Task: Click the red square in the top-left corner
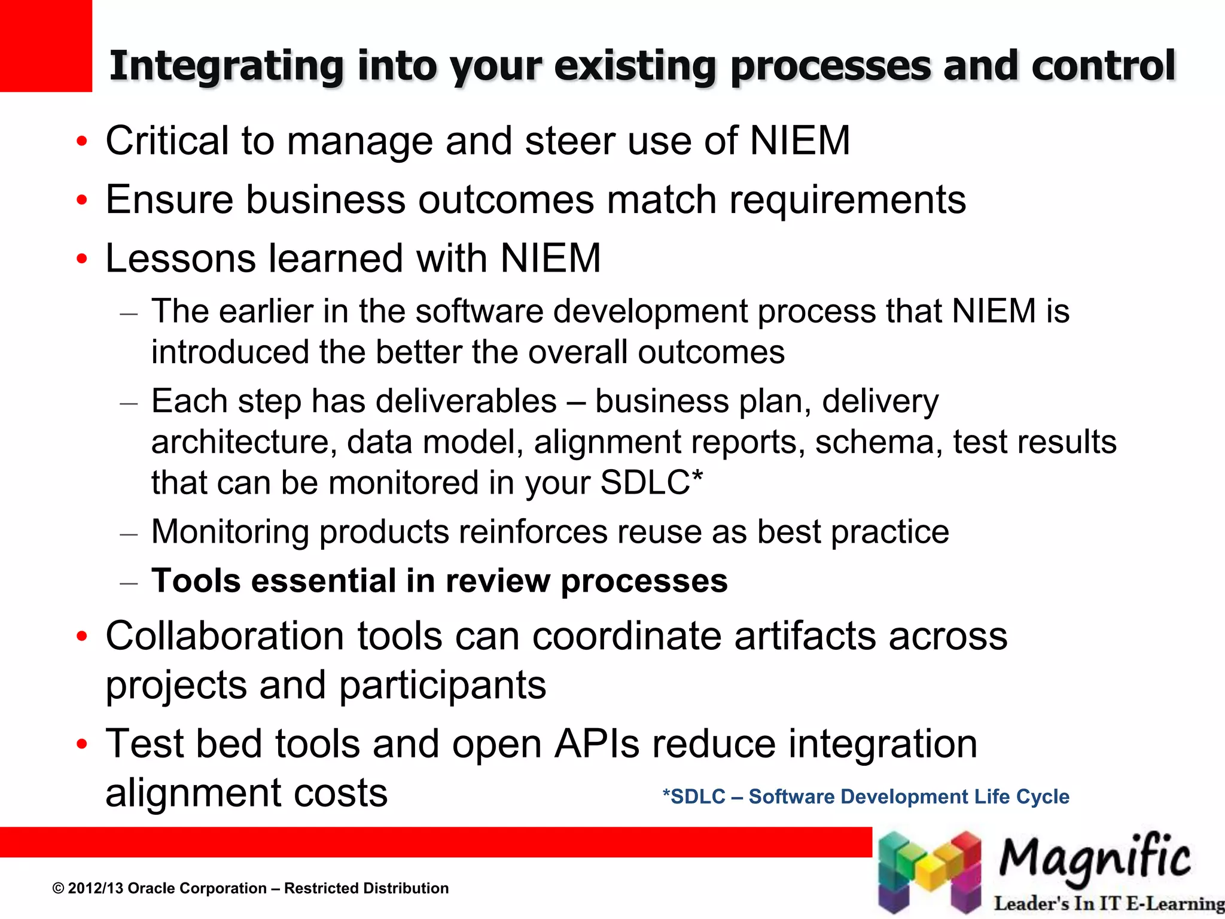pos(45,45)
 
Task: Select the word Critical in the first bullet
pos(167,141)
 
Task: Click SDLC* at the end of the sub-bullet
pos(651,483)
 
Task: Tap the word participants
pos(443,685)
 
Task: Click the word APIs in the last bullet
pos(597,744)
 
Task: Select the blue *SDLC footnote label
pos(694,797)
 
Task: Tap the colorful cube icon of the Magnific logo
pos(930,872)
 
